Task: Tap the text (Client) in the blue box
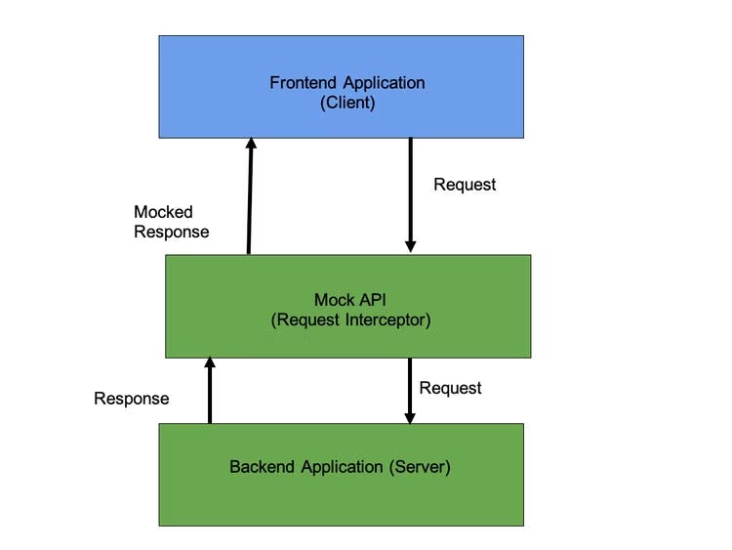point(347,102)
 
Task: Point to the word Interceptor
point(386,318)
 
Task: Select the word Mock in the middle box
point(332,299)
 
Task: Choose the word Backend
point(260,467)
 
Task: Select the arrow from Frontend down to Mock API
point(410,195)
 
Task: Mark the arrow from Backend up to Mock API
point(209,391)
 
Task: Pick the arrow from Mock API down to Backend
point(410,391)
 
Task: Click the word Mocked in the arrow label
point(163,212)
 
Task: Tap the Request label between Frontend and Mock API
point(465,184)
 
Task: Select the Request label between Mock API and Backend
point(450,388)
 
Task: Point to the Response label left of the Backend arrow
point(131,399)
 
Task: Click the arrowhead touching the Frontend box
point(250,145)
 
